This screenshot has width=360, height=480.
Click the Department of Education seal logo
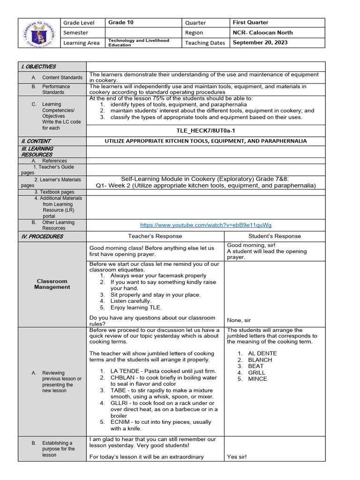pos(40,33)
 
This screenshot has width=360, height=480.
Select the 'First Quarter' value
pos(250,22)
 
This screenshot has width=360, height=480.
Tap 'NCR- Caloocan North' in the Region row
pos(262,32)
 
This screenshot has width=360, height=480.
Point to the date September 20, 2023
pos(260,43)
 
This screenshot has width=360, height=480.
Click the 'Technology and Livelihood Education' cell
pos(138,43)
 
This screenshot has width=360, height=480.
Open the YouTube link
pos(206,225)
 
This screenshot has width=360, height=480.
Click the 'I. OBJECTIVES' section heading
pos(38,67)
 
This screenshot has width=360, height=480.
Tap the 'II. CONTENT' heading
pos(36,141)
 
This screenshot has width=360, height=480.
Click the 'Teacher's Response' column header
pos(155,236)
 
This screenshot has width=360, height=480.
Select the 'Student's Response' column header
pos(274,236)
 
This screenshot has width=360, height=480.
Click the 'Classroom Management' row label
pos(52,284)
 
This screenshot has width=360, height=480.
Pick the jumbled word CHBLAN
pos(122,377)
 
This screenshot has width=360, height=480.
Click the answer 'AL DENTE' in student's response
pos(262,353)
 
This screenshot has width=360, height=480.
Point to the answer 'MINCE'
pos(257,379)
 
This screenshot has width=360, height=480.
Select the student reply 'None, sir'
pos(239,320)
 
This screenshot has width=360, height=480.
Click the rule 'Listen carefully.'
pos(131,301)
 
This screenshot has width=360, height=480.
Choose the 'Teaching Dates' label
pos(205,43)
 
